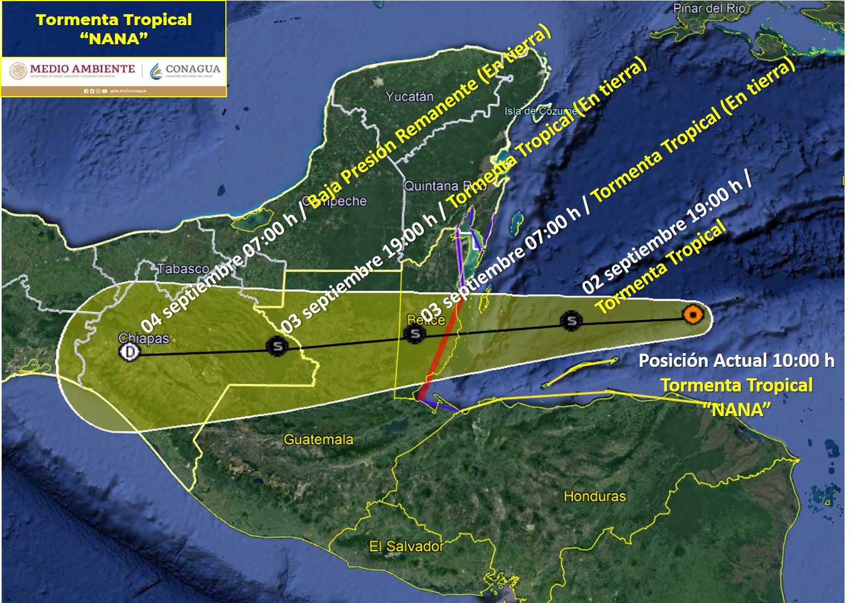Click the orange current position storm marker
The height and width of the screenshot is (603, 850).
tap(692, 315)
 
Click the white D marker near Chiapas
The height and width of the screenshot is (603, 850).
tap(129, 352)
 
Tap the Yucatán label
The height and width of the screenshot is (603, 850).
tap(409, 97)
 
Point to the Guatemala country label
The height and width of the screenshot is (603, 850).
tap(318, 439)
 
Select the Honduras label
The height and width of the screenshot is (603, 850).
tap(595, 496)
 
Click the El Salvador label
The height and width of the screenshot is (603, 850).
tap(406, 546)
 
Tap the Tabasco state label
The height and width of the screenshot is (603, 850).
tap(183, 268)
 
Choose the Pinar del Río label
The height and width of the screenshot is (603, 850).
tap(709, 8)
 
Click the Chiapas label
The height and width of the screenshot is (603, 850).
tap(143, 338)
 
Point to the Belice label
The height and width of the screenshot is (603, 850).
tap(426, 320)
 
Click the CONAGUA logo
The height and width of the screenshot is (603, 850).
tap(185, 69)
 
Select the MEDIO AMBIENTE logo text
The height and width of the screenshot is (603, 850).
tap(82, 69)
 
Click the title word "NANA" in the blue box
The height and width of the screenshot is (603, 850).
tap(114, 39)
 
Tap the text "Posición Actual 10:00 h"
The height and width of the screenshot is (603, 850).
tap(736, 360)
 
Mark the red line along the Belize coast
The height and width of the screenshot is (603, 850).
tap(442, 355)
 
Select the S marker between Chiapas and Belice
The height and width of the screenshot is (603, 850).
tap(277, 346)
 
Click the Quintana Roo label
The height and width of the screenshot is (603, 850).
tap(445, 186)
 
